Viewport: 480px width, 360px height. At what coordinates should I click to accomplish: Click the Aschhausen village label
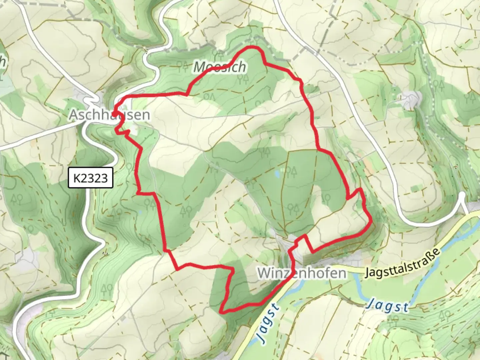109,115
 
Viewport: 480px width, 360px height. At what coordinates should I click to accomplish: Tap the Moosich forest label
220,67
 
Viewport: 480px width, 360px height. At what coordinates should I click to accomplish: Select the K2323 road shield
90,178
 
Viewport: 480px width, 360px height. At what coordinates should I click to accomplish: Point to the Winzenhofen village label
301,273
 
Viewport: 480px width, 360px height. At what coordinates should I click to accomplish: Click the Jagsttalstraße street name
402,263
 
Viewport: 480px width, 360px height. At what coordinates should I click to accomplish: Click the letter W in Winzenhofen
264,273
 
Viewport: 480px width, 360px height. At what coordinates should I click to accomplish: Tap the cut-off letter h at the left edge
3,62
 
